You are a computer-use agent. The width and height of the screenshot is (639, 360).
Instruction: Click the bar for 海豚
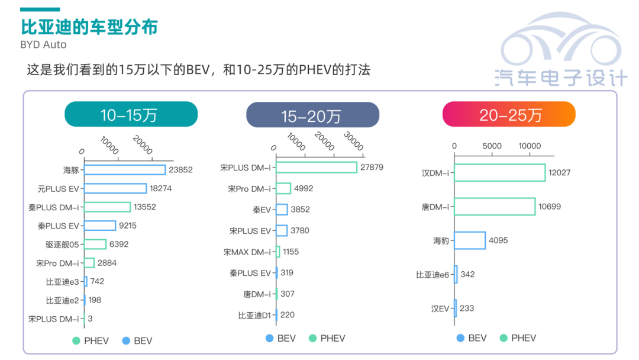click(x=125, y=169)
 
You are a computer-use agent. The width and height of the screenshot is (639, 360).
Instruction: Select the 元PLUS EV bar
click(x=115, y=188)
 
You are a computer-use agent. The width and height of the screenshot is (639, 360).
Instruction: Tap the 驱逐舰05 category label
click(x=66, y=244)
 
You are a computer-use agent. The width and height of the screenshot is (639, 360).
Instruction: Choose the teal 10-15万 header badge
click(x=131, y=114)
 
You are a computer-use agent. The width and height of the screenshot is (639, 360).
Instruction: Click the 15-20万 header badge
click(x=312, y=114)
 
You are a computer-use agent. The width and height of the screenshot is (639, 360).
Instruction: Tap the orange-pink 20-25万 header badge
click(x=509, y=114)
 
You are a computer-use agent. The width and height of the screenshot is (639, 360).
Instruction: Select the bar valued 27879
click(x=317, y=168)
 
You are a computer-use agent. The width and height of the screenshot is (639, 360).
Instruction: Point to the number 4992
click(x=304, y=188)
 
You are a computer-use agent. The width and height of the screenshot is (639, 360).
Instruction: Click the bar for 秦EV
click(x=282, y=210)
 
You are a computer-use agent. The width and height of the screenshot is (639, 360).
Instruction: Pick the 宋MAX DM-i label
click(x=247, y=252)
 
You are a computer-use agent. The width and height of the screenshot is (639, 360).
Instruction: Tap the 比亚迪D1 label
click(x=254, y=315)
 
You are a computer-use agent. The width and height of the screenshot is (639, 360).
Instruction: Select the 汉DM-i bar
click(x=499, y=173)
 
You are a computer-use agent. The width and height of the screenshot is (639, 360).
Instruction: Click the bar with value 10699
click(x=495, y=207)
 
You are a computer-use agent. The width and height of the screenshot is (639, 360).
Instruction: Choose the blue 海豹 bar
click(x=470, y=240)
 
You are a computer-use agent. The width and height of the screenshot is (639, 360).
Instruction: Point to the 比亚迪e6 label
click(x=433, y=275)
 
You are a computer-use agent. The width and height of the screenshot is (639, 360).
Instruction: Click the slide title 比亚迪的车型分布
click(x=89, y=27)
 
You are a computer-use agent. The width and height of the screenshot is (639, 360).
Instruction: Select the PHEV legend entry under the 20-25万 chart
click(x=518, y=338)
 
